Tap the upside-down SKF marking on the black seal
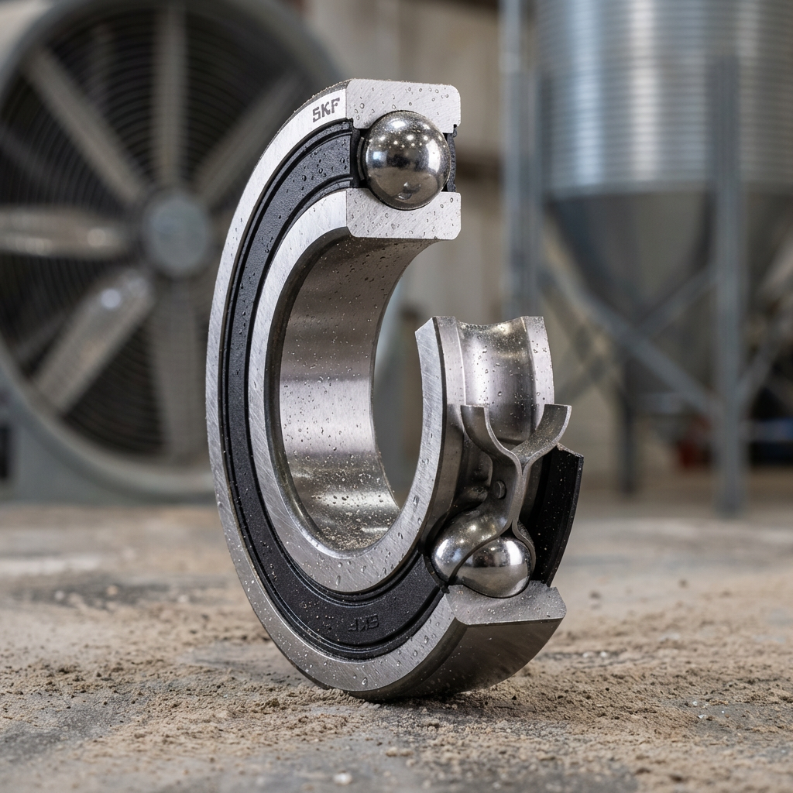(x=363, y=623)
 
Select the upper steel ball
(x=406, y=160)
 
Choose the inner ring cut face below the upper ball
(x=404, y=218)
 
